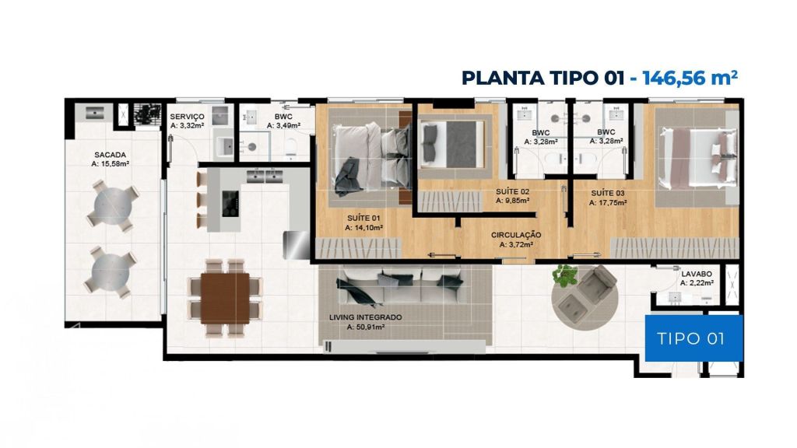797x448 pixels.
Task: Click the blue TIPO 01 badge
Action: coord(693,338)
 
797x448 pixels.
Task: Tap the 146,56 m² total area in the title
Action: coord(690,78)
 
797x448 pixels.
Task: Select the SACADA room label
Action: coord(111,155)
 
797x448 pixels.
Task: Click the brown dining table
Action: coord(225,298)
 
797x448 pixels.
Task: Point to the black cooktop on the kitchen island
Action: coord(230,203)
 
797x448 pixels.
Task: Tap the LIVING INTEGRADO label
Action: coord(366,317)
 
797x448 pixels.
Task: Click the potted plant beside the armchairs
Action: coord(565,275)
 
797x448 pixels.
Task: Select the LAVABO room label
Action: coord(697,274)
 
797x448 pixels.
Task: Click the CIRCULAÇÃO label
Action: coord(516,235)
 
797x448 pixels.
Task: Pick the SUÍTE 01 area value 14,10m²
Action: coord(364,228)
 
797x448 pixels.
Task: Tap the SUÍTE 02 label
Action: coord(512,191)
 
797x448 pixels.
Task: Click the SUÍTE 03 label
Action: coord(608,193)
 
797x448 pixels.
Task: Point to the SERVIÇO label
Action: coord(187,117)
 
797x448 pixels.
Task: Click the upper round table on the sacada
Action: coord(114,204)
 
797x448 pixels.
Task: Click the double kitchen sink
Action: coord(265,177)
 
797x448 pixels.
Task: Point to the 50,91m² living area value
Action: coord(366,327)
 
